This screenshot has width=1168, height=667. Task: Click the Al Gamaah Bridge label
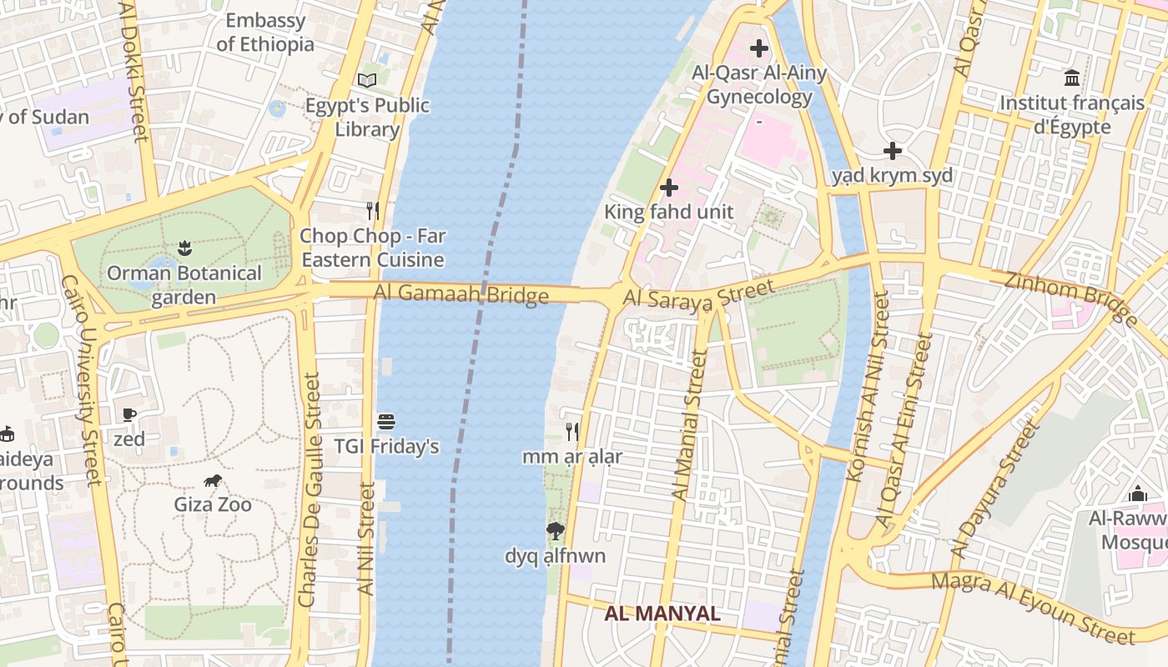coord(461,294)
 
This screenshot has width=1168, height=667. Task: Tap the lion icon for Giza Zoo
coord(213,480)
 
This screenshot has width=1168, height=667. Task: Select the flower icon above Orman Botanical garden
coord(184,248)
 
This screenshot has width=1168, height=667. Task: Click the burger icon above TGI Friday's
coord(385,422)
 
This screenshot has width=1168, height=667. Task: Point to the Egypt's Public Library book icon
coord(367,81)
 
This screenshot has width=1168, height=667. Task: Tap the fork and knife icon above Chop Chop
coord(373,211)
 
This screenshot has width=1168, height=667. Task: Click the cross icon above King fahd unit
coord(668,188)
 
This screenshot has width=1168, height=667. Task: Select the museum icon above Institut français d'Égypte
coord(1072,79)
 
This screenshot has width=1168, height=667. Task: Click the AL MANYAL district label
coord(662,614)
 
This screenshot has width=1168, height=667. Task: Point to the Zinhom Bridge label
coord(1070,298)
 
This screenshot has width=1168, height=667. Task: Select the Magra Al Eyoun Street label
coord(1033,608)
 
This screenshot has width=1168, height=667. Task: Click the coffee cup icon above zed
coord(129,414)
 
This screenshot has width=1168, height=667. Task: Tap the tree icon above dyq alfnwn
coord(555,530)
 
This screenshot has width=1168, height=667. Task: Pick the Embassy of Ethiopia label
coord(265,33)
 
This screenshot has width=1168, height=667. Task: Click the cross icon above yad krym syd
coord(893,151)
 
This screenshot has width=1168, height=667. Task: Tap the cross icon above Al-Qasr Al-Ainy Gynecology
coord(758,48)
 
